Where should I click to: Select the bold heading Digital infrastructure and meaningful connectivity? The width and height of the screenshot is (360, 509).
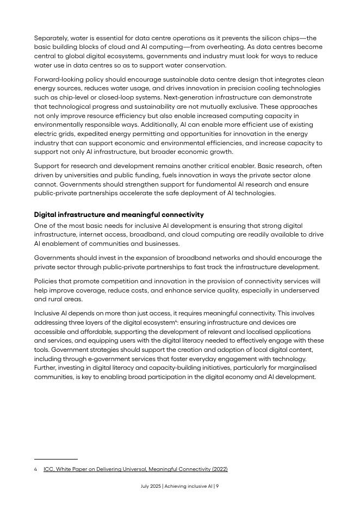tap(119, 215)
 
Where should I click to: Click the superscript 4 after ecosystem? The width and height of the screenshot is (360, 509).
tap(177, 321)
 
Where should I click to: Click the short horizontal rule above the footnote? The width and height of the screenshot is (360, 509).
tap(55, 459)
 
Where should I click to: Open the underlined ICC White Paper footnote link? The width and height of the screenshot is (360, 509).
tap(135, 469)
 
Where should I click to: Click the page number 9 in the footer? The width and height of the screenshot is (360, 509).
tap(217, 486)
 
